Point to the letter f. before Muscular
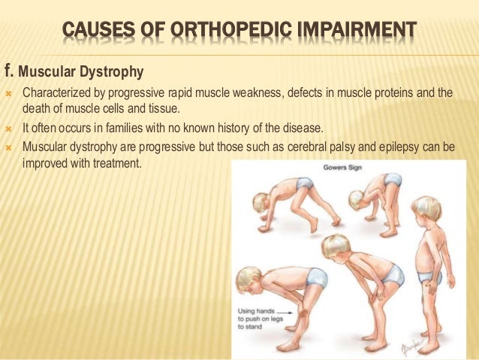point(9,72)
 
